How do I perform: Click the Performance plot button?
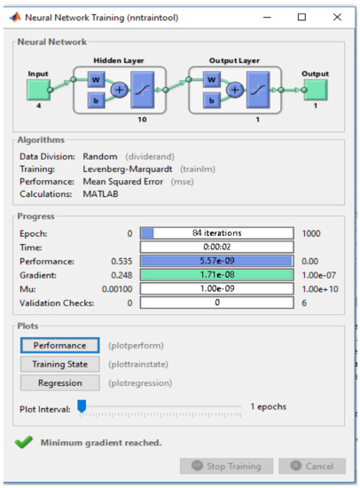coord(60,345)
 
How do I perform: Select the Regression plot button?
coord(60,383)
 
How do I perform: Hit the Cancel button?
coord(311,466)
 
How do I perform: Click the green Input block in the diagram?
coord(36,90)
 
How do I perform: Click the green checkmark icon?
coord(24,441)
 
